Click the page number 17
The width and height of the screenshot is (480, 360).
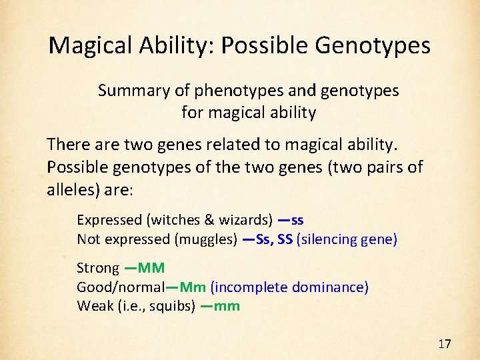click(x=445, y=344)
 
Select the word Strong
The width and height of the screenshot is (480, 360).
click(x=98, y=268)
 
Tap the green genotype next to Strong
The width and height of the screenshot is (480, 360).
click(x=150, y=268)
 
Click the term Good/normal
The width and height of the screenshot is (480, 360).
click(x=120, y=287)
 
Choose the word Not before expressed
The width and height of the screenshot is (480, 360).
click(x=87, y=239)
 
